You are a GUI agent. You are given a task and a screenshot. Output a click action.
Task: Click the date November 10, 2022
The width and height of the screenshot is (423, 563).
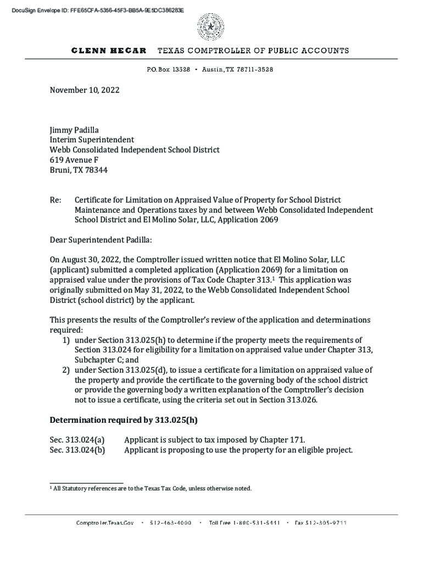(84, 90)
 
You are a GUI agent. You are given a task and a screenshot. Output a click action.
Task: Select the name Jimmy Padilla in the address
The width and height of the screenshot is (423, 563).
(74, 130)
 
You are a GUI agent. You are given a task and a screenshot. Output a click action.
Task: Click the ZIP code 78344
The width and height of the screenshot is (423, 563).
(97, 170)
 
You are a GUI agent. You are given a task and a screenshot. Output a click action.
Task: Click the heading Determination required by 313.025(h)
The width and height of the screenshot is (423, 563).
(124, 420)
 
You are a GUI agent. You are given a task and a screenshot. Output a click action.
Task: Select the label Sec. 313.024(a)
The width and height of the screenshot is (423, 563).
(77, 440)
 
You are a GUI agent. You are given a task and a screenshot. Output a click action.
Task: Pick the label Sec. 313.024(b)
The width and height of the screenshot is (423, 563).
(77, 450)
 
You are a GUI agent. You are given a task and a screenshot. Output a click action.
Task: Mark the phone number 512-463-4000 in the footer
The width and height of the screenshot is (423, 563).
(170, 523)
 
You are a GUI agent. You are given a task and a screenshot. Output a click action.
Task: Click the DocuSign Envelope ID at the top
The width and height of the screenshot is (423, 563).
(92, 10)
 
